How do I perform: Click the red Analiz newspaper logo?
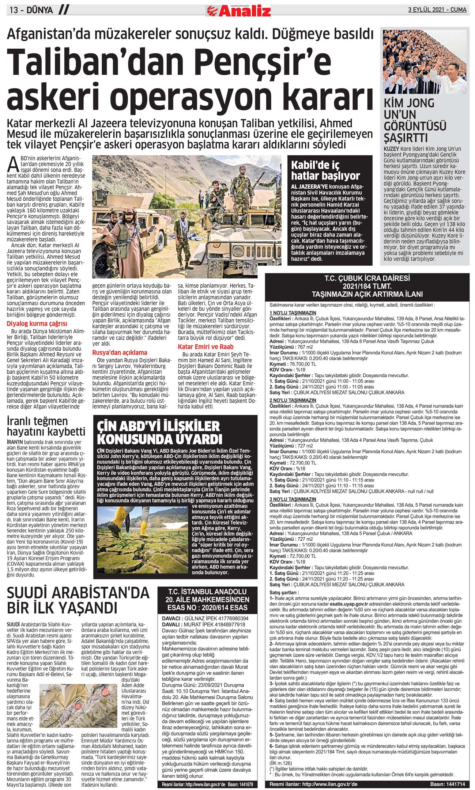click(x=238, y=11)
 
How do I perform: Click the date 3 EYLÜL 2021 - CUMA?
click(x=437, y=10)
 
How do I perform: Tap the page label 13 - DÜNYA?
click(x=31, y=10)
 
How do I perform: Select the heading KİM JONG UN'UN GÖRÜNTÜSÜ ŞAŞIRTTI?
click(x=415, y=120)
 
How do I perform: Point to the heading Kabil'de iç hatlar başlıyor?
click(x=325, y=170)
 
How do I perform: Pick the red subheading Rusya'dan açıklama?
click(x=120, y=352)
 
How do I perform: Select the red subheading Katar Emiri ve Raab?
click(x=206, y=347)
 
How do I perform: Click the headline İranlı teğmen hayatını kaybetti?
click(x=46, y=426)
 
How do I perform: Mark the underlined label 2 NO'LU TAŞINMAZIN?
click(x=293, y=400)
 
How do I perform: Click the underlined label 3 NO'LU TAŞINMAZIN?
click(x=293, y=499)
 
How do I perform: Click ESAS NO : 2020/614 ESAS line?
click(x=207, y=608)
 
